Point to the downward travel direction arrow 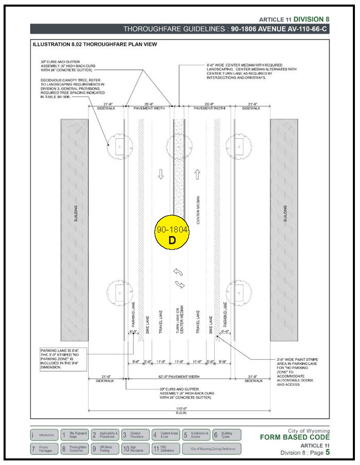pyautogui.click(x=161, y=175)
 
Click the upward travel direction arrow pyautogui.click(x=198, y=175)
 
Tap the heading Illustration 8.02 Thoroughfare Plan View pyautogui.click(x=95, y=44)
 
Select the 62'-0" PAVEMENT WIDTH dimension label pyautogui.click(x=178, y=377)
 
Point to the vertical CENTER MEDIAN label pyautogui.click(x=198, y=210)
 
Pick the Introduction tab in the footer pyautogui.click(x=44, y=435)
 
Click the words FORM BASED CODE pyautogui.click(x=295, y=437)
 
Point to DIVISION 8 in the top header pyautogui.click(x=309, y=19)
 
